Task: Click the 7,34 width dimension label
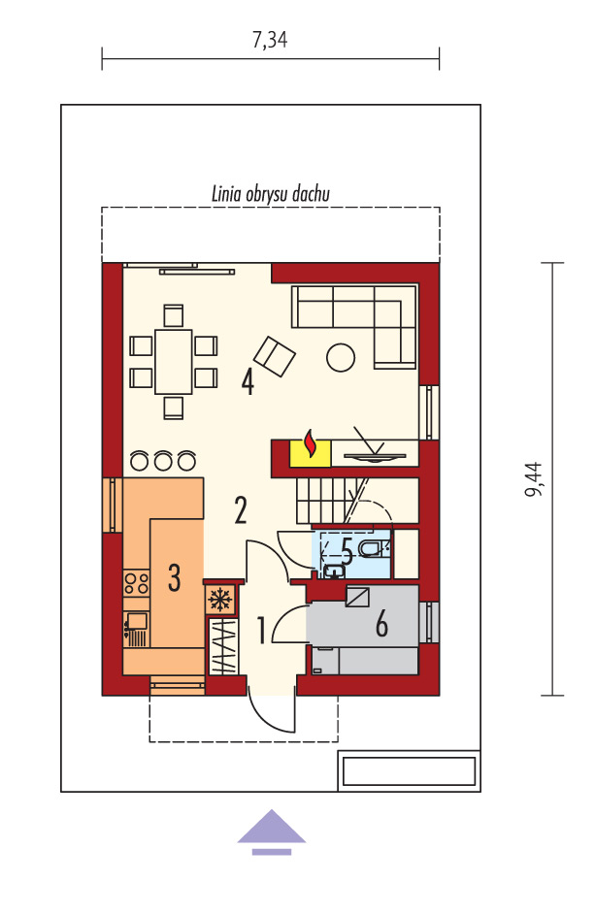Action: (x=270, y=40)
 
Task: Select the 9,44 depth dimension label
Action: (x=533, y=479)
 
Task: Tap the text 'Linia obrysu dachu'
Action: (x=270, y=194)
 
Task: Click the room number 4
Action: (x=248, y=383)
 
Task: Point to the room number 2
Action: (x=241, y=510)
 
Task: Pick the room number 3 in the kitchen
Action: (x=175, y=578)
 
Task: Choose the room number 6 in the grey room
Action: (x=381, y=624)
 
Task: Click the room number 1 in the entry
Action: (x=262, y=631)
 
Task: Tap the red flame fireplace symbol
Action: (x=311, y=444)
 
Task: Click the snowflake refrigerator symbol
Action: (x=220, y=600)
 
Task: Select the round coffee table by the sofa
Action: (x=341, y=357)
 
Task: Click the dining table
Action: (x=173, y=361)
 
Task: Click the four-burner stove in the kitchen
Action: (x=137, y=583)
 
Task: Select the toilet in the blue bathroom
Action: (x=372, y=548)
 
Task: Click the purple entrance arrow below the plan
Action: (x=271, y=832)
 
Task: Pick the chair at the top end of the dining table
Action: (x=173, y=315)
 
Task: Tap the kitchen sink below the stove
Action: (x=137, y=629)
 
